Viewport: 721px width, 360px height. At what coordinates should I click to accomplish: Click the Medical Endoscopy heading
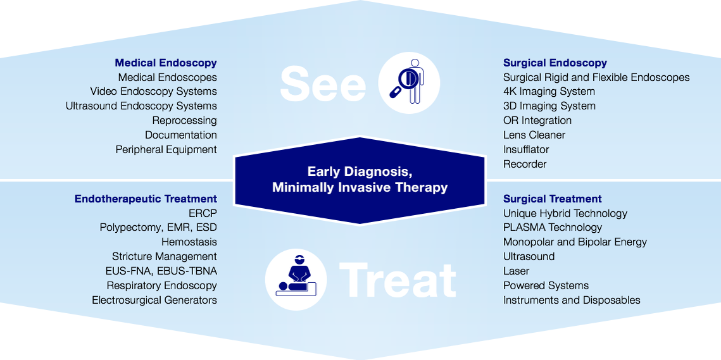tap(166, 63)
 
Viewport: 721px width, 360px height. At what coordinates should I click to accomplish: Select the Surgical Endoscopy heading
tap(555, 63)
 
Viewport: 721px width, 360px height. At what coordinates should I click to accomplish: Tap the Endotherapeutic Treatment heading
tap(146, 199)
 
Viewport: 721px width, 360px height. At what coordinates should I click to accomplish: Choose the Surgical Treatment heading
tap(552, 199)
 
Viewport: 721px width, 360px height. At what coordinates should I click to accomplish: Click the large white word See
tap(323, 84)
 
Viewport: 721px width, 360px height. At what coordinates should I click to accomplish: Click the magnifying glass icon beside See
tap(409, 83)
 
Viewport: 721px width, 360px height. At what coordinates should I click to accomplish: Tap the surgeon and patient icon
tap(296, 279)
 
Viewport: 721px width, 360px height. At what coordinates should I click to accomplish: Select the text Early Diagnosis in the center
tap(360, 171)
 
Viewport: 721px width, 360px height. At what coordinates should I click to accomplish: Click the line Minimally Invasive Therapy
tap(360, 187)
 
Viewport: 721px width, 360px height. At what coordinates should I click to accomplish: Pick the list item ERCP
tap(203, 213)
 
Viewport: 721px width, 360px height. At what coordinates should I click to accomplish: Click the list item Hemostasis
tap(189, 242)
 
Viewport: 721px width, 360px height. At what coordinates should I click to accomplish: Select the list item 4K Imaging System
tap(549, 92)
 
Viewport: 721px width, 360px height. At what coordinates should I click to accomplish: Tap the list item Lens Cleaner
tap(534, 135)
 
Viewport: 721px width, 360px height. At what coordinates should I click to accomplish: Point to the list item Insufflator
tap(526, 149)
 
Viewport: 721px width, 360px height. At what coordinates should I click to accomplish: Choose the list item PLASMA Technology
tap(552, 228)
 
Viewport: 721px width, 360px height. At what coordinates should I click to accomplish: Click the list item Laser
tap(516, 271)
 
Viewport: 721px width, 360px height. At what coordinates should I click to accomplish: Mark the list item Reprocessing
tap(184, 120)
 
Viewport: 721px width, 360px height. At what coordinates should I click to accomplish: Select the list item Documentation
tap(180, 135)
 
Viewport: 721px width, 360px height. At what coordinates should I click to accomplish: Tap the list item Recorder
tap(525, 164)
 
